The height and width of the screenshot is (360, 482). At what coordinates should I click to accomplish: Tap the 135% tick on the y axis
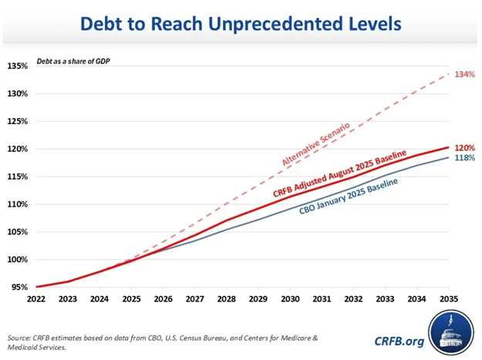click(x=17, y=66)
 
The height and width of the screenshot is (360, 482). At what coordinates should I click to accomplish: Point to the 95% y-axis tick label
click(x=19, y=287)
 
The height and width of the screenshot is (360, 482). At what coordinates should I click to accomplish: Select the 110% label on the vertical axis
click(x=17, y=204)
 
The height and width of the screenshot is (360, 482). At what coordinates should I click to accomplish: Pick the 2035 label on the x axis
click(x=450, y=298)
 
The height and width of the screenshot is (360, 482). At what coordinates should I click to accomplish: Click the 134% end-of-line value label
click(x=465, y=75)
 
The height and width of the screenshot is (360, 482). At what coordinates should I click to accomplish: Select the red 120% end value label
click(x=465, y=147)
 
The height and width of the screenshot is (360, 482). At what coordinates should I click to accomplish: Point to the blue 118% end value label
click(x=465, y=158)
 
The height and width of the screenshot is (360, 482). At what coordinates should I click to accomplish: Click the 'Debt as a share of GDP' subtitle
click(x=71, y=61)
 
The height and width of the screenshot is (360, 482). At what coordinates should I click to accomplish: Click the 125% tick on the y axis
click(x=17, y=122)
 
